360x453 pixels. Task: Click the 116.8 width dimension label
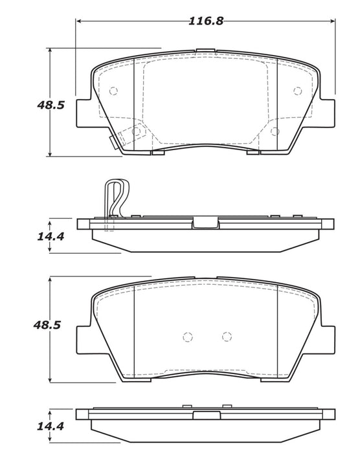pyautogui.click(x=206, y=21)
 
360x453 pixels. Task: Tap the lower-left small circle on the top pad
pyautogui.click(x=136, y=131)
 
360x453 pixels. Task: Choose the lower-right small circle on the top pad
pyautogui.click(x=275, y=131)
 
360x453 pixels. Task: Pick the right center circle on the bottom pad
pyautogui.click(x=226, y=336)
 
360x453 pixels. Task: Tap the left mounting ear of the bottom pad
pyautogui.click(x=84, y=337)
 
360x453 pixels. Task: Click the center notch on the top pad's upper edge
pyautogui.click(x=206, y=50)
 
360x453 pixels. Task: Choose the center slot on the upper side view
pyautogui.click(x=206, y=223)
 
